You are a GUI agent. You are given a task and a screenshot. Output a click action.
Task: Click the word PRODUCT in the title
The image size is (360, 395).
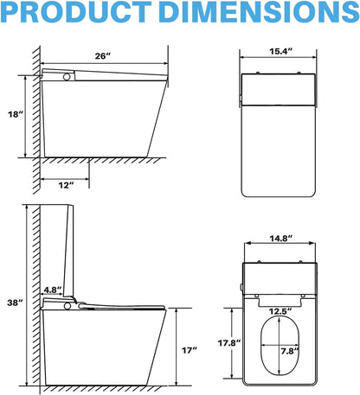tap(76, 11)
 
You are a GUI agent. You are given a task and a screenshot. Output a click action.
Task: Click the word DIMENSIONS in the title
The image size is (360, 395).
tap(259, 11)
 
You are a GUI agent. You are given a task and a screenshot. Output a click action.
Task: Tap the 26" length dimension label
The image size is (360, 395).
tap(103, 56)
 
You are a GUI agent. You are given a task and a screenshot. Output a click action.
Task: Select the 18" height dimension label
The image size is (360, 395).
tap(16, 114)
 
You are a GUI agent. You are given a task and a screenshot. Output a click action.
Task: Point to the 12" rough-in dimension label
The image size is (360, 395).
tap(67, 185)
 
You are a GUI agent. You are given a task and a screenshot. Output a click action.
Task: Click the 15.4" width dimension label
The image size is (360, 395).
tap(280, 51)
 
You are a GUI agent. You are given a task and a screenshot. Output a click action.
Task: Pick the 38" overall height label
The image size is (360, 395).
tap(15, 303)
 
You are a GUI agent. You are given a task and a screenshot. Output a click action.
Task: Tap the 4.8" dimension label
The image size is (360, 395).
tap(53, 290)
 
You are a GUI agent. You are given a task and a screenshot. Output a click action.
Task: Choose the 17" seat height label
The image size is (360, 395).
tap(190, 350)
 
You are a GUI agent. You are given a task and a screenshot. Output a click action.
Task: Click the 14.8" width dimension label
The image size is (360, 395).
tap(281, 239)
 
